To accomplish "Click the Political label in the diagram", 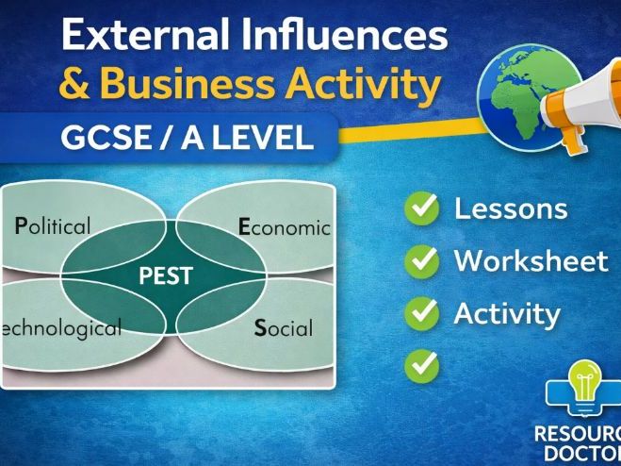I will point(53,226).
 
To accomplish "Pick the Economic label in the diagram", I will point(284,226).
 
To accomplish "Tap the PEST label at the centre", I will point(166,276).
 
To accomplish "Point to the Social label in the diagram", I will point(284,328).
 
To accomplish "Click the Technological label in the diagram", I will point(61,328).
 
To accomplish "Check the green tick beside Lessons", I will point(422,208).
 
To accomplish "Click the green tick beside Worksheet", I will point(422,260).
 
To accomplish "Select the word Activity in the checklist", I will point(507,313).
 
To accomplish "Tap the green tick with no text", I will point(422,365).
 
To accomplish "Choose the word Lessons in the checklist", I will point(511,208).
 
